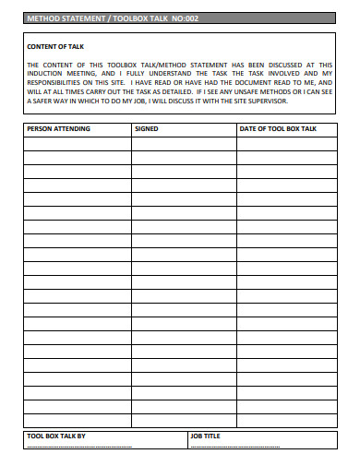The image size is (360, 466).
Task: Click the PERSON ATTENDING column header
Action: tap(58, 129)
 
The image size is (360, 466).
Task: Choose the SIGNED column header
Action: tap(147, 129)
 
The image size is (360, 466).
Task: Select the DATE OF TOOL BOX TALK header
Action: tap(278, 129)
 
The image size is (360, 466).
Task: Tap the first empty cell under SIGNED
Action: tap(183, 143)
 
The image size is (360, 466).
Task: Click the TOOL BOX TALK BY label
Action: tap(56, 435)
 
